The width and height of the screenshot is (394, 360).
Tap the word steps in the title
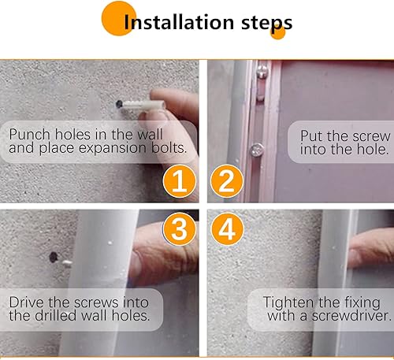point(260,21)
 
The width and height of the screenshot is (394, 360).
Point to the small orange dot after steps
point(277,32)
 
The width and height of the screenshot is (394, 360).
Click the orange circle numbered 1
point(179,183)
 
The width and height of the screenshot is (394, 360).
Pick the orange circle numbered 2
point(225,183)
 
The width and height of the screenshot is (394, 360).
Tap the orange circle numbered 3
point(179,230)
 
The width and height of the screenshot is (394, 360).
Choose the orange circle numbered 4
point(225,230)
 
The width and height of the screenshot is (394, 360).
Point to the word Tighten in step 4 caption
point(289,302)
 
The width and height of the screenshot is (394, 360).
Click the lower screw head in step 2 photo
point(257,147)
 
